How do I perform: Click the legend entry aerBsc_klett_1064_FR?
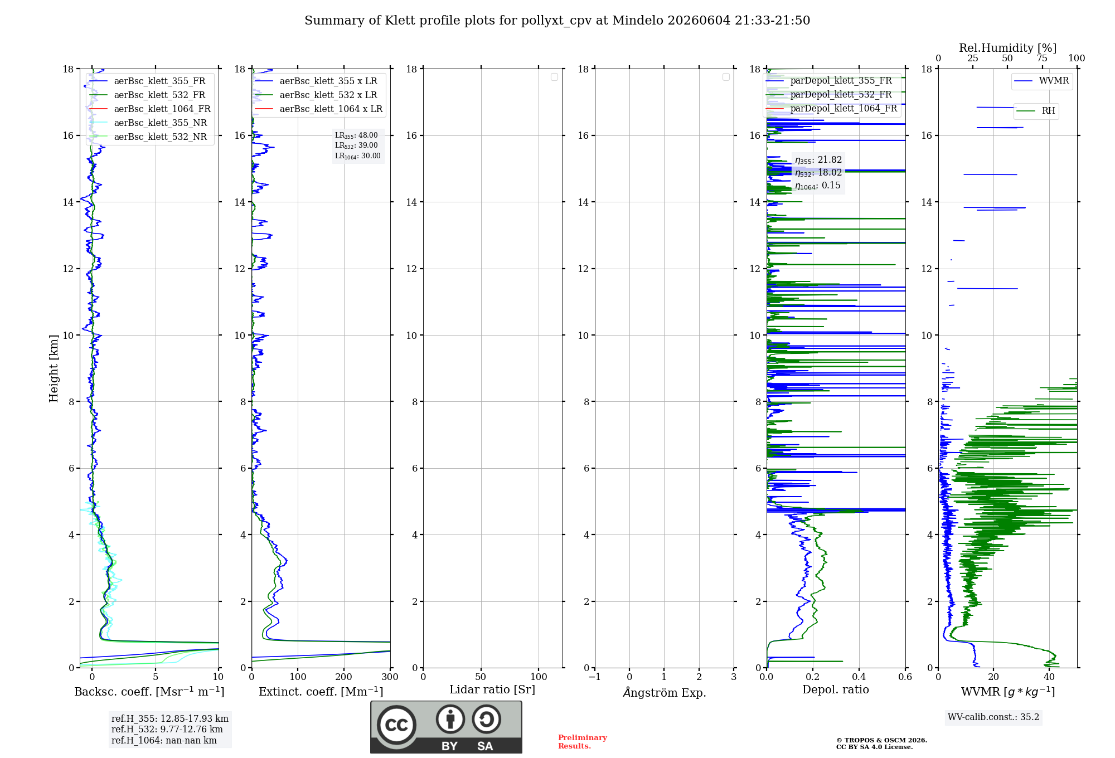[x=149, y=109]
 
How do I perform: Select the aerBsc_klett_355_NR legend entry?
[x=148, y=123]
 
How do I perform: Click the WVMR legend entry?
[x=1041, y=81]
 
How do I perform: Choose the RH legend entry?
[x=1036, y=111]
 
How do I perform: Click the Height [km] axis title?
[x=54, y=368]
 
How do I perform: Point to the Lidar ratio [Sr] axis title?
[x=492, y=689]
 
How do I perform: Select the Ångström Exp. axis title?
[x=665, y=692]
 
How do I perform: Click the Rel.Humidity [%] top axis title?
[x=1008, y=48]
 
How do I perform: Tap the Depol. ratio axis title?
[x=836, y=689]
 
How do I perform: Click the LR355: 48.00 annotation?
[x=356, y=135]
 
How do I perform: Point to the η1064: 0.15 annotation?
[x=818, y=186]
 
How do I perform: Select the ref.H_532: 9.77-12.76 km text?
[x=167, y=729]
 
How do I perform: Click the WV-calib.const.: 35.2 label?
[x=993, y=717]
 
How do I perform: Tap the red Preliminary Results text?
[x=583, y=742]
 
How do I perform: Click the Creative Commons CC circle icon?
[x=396, y=725]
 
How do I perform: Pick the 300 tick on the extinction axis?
[x=390, y=677]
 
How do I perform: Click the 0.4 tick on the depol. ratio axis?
[x=859, y=677]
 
